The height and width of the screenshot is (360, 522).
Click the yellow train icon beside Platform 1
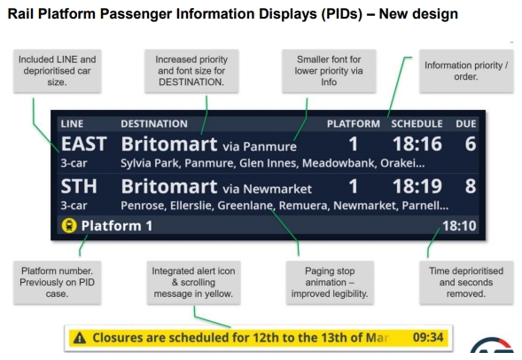point(69,226)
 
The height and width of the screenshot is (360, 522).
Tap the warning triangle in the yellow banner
point(80,338)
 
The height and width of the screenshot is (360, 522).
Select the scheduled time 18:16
point(417,145)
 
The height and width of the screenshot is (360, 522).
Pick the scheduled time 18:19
point(417,186)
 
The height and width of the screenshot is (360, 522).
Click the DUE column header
point(466,124)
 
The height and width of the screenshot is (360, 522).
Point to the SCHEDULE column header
point(417,124)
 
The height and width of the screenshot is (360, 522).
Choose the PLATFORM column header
point(354,124)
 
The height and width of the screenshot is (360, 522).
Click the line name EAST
point(83,145)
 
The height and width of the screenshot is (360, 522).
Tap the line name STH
point(79,186)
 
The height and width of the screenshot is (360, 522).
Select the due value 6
point(470,145)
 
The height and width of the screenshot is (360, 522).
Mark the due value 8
point(470,186)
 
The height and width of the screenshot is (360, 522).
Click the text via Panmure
point(260,146)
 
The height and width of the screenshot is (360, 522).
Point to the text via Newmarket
point(267,189)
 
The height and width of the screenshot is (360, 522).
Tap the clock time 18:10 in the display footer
point(459,226)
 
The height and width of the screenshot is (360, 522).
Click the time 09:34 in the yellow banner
point(428,337)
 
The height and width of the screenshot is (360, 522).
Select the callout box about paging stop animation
point(330,282)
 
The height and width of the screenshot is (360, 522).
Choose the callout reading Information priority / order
point(466,71)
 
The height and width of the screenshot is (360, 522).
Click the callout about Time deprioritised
point(466,282)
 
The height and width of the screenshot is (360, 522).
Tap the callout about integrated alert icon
point(193,282)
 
